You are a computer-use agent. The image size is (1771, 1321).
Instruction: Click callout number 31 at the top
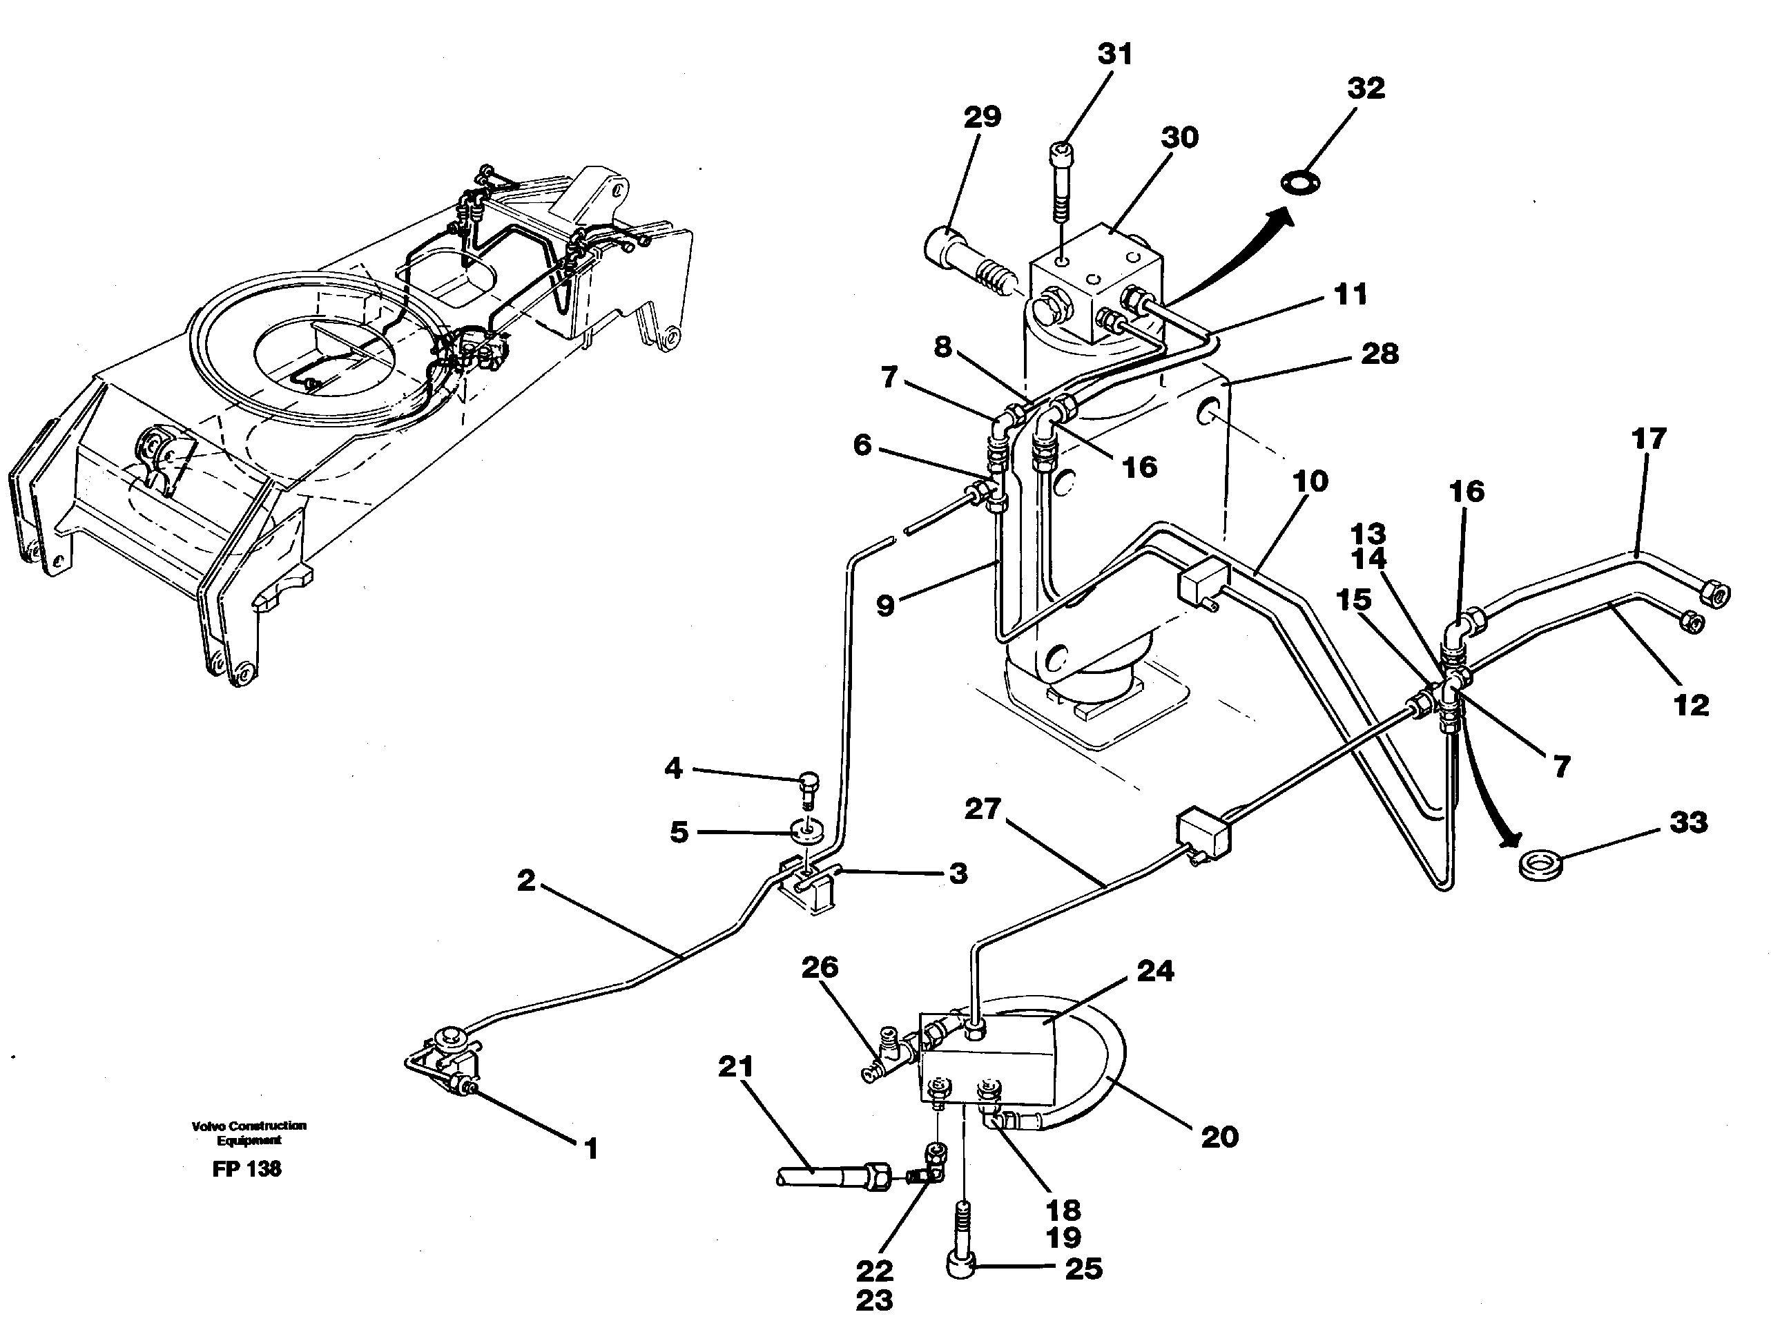point(1114,55)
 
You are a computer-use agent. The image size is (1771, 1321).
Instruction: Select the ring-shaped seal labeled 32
point(1299,183)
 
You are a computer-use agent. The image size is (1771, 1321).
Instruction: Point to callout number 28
point(1380,354)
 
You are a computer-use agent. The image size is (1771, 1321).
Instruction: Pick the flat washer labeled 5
point(806,832)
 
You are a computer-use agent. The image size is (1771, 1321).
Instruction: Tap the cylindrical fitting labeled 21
point(831,1175)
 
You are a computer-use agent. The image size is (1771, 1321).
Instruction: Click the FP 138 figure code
point(247,1169)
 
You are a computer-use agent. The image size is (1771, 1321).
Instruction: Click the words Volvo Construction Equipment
point(249,1132)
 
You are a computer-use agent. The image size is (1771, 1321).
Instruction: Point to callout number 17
point(1648,438)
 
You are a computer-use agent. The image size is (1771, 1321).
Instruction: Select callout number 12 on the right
point(1691,704)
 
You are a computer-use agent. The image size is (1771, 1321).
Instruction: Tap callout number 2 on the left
point(525,880)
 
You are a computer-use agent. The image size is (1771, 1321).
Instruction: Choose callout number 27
point(982,809)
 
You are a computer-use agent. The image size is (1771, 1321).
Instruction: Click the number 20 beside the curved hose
point(1219,1137)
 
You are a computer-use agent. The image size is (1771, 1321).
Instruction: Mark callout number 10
point(1310,481)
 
